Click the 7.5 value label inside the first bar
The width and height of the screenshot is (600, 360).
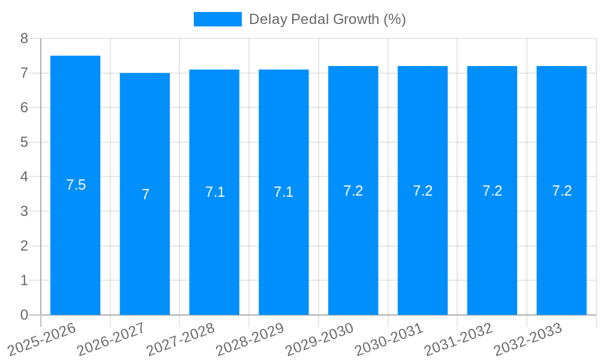pyautogui.click(x=76, y=185)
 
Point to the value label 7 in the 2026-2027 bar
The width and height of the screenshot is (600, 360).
pyautogui.click(x=145, y=194)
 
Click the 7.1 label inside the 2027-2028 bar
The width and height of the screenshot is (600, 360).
pyautogui.click(x=215, y=192)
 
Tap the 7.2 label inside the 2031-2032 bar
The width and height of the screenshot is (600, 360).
pyautogui.click(x=492, y=191)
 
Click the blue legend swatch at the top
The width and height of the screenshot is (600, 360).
pyautogui.click(x=217, y=19)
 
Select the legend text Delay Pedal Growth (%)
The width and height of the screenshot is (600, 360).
pyautogui.click(x=327, y=19)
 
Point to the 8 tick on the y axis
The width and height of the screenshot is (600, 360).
pyautogui.click(x=24, y=38)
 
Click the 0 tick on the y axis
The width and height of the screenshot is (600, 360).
pyautogui.click(x=24, y=315)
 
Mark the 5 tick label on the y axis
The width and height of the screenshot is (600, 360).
pyautogui.click(x=24, y=142)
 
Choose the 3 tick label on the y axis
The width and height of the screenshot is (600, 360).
pyautogui.click(x=24, y=211)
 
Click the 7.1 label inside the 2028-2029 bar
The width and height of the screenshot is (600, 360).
pyautogui.click(x=283, y=192)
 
